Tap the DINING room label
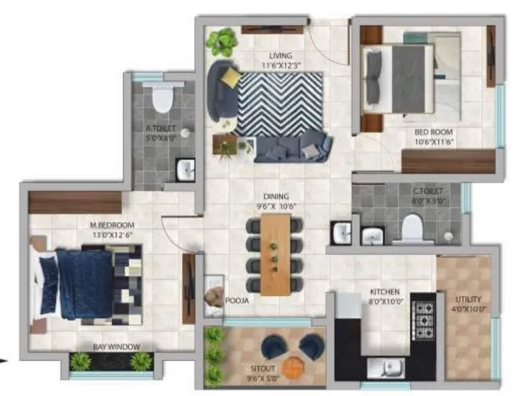click(x=275, y=197)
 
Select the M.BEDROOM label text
click(x=112, y=225)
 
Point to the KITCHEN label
click(x=384, y=293)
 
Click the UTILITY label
click(x=468, y=299)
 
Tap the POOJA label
click(x=237, y=301)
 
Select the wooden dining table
click(x=275, y=254)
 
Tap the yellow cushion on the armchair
click(x=231, y=77)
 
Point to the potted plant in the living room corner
click(x=221, y=41)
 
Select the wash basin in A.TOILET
click(x=184, y=168)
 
